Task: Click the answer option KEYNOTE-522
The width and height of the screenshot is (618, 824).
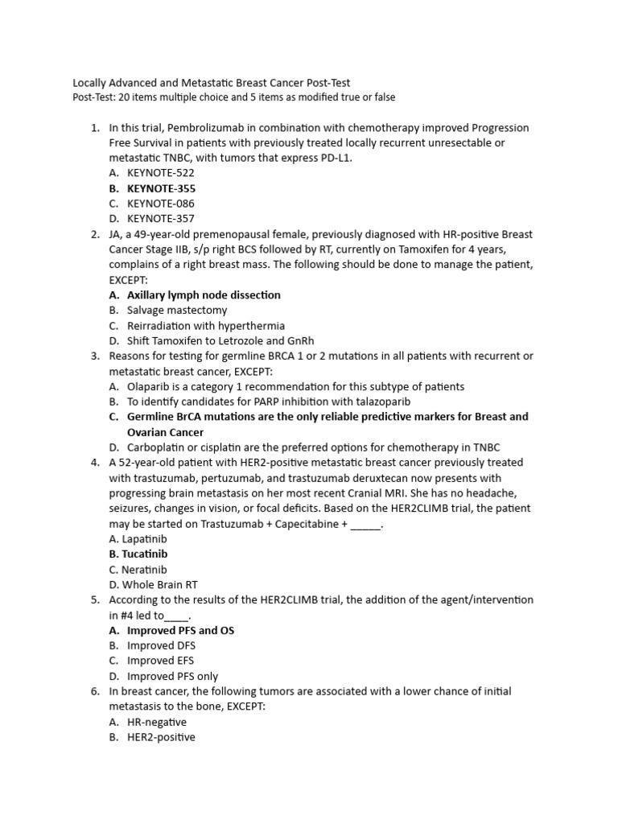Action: [161, 173]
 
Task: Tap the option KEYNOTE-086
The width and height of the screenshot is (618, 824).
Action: [161, 204]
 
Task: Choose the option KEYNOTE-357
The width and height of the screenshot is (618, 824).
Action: [161, 219]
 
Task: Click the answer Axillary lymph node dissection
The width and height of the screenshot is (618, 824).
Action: [204, 295]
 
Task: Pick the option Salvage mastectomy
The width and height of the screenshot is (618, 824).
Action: [177, 311]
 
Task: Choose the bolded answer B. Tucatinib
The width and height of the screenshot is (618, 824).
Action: [138, 554]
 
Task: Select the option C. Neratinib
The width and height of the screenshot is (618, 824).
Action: [138, 570]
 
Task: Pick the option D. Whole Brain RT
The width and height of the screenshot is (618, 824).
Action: [153, 585]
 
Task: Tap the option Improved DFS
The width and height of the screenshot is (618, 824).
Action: [162, 646]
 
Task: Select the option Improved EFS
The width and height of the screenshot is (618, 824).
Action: [161, 661]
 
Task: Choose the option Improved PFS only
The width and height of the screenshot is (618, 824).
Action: [172, 677]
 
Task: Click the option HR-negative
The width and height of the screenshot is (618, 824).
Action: [157, 723]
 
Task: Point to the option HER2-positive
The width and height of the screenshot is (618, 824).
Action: [161, 738]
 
